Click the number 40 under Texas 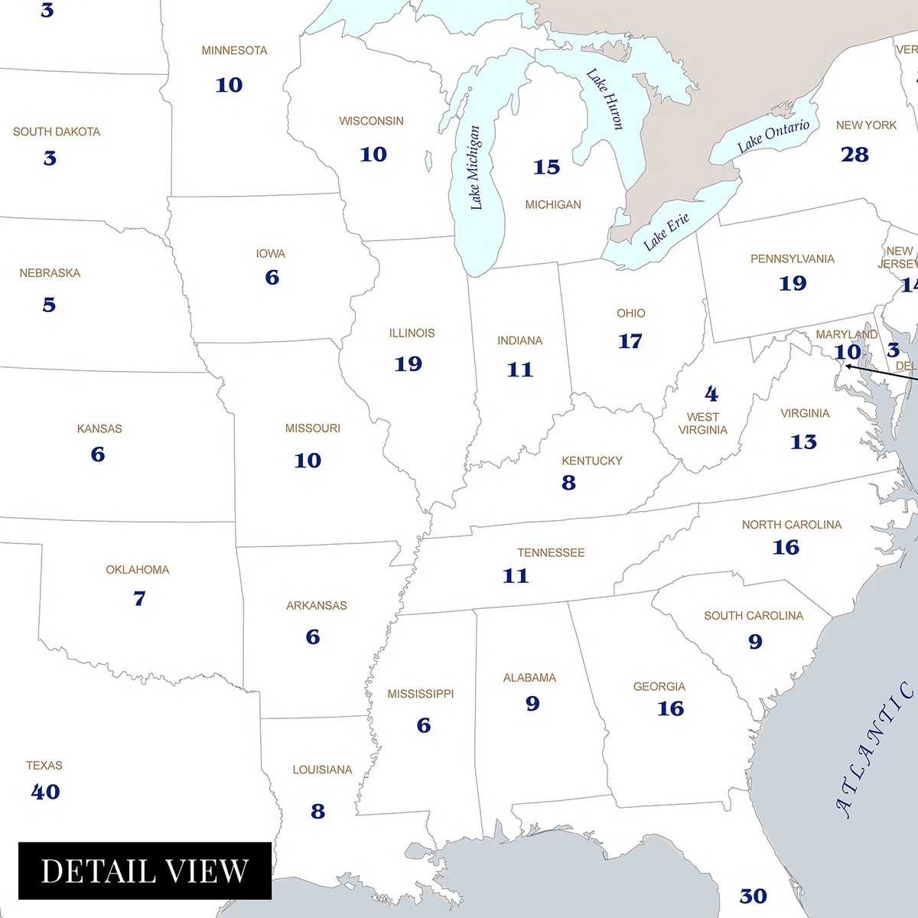tap(45, 792)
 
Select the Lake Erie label tap(666, 232)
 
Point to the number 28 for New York tap(855, 155)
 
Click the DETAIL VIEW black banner tap(145, 871)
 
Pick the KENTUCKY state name tap(591, 461)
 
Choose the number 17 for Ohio tap(630, 341)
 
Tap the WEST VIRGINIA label tap(702, 423)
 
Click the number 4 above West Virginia tap(711, 394)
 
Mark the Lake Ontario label tap(773, 136)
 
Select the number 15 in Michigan tap(546, 167)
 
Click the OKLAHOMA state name tap(137, 570)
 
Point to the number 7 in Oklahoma tap(139, 598)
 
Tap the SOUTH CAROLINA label tap(753, 616)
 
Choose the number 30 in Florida tap(753, 896)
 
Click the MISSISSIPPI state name tap(420, 694)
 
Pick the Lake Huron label tap(605, 99)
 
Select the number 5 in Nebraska tap(49, 305)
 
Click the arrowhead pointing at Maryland tap(848, 366)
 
